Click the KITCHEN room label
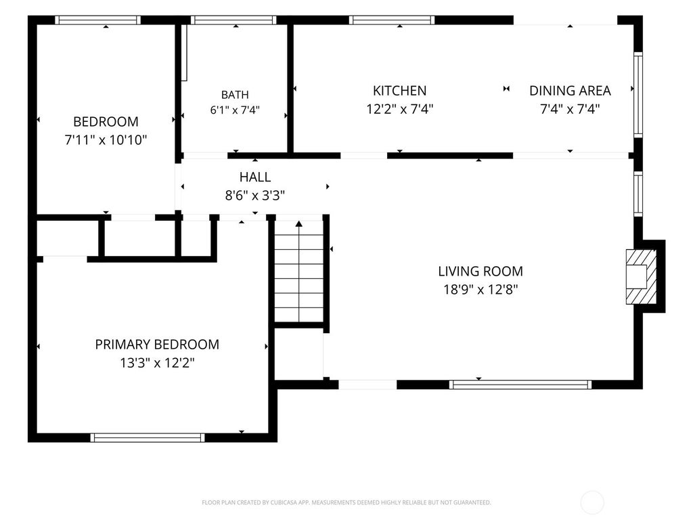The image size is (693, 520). click(399, 91)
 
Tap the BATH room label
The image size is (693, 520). click(235, 95)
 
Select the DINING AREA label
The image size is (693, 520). click(570, 91)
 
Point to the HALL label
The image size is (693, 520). click(255, 177)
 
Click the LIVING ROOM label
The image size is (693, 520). click(480, 271)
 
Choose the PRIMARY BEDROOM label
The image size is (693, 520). click(157, 345)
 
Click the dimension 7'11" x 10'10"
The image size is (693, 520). click(106, 140)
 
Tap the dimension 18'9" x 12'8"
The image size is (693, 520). click(480, 290)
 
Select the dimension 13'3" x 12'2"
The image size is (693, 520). click(157, 363)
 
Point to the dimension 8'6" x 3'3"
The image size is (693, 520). click(255, 196)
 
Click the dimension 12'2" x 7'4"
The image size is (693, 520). click(399, 109)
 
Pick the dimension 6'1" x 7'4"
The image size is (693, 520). click(235, 110)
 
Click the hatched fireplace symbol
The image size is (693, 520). click(642, 277)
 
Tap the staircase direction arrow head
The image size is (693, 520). click(299, 223)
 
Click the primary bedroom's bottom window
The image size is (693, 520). click(148, 438)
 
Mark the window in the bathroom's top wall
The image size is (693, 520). click(233, 20)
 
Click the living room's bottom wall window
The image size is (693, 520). click(520, 385)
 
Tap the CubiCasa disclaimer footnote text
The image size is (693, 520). click(346, 502)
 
